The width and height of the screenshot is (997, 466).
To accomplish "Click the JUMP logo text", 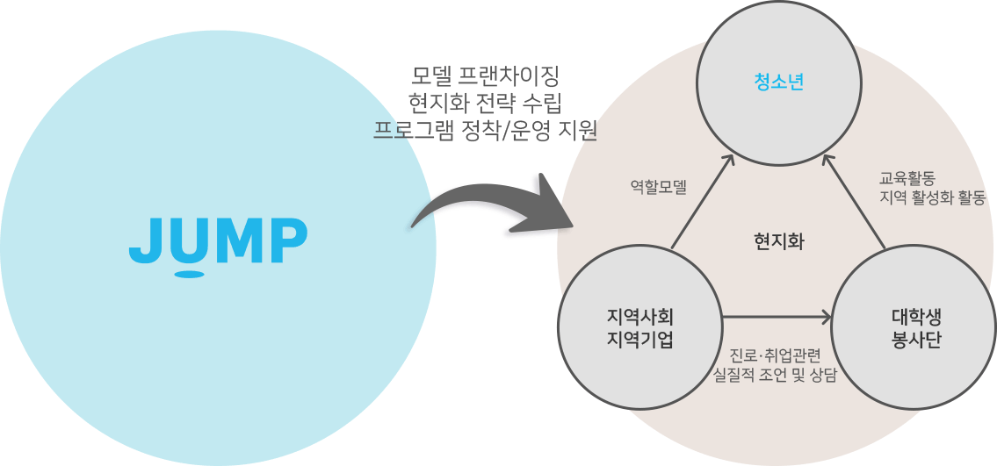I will [218, 240].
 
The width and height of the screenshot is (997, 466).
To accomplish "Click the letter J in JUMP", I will [145, 240].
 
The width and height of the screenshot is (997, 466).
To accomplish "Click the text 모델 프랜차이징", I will [485, 73].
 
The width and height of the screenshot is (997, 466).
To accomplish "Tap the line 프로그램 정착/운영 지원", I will [485, 131].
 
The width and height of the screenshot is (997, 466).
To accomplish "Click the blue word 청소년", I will [779, 83].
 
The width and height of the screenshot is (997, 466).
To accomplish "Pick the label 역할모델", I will [659, 186].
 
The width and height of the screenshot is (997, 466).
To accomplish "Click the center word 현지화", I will [778, 241].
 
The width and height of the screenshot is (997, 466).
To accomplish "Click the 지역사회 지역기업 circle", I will [639, 328].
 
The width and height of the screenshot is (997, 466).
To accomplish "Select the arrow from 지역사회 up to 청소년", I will [703, 202].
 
